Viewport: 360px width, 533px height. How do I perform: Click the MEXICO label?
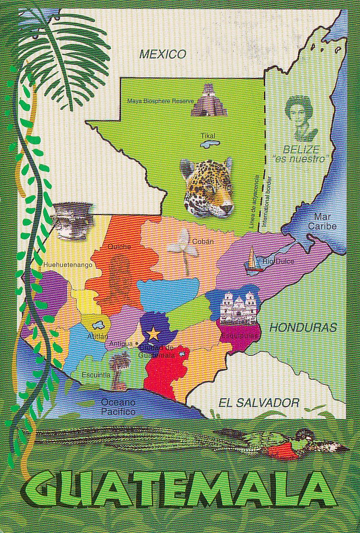coord(163,55)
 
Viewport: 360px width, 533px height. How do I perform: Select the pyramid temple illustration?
coord(206,101)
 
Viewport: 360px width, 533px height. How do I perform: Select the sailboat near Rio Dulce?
coord(253,258)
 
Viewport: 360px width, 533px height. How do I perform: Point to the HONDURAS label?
coord(302,328)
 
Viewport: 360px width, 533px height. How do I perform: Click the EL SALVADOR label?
coord(259,403)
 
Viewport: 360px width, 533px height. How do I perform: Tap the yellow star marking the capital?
coord(153,332)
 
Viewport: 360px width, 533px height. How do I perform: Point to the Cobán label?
coord(203,241)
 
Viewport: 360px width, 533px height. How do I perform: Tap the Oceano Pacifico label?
coord(118,407)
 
